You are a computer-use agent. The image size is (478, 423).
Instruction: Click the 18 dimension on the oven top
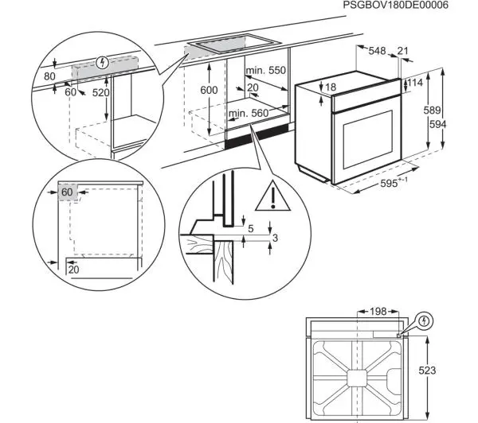click(331, 86)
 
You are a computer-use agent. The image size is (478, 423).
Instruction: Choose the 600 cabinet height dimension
click(208, 90)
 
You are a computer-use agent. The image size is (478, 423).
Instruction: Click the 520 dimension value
click(101, 93)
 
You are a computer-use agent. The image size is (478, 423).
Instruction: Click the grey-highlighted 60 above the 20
click(66, 192)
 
